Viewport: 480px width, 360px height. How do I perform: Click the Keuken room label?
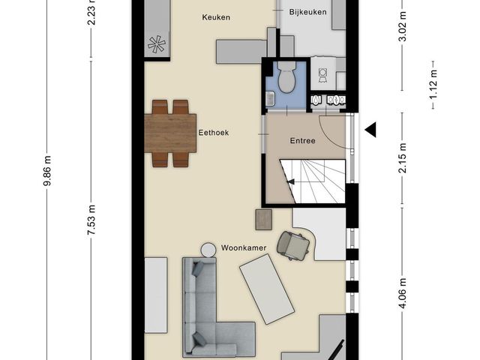coord(216,17)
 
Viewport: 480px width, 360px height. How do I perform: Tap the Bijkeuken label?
coord(307,12)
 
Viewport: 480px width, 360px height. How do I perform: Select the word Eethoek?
coord(214,133)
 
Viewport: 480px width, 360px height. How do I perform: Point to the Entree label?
coord(302,141)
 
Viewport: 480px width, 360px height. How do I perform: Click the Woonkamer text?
coord(244,247)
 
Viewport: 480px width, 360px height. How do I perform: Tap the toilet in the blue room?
coord(286,76)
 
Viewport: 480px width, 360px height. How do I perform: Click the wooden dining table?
coord(170,133)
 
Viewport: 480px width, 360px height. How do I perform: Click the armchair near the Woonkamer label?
coord(293,245)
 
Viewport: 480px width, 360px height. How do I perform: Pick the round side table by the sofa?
coord(208,250)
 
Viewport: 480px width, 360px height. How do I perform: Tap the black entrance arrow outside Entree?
coord(370,130)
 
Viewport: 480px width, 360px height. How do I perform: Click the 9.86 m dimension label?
coord(46,170)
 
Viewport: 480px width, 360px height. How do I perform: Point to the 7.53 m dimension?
coord(91,220)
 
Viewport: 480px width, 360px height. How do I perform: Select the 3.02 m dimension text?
coord(403,26)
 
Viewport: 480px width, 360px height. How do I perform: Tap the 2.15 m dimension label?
coord(403,158)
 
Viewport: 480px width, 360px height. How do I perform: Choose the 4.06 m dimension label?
coord(403,293)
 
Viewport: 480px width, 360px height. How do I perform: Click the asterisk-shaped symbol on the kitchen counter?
coord(157,44)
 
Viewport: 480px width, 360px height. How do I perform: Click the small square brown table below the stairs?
coord(263,220)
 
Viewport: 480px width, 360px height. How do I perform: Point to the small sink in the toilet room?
coord(270,99)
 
